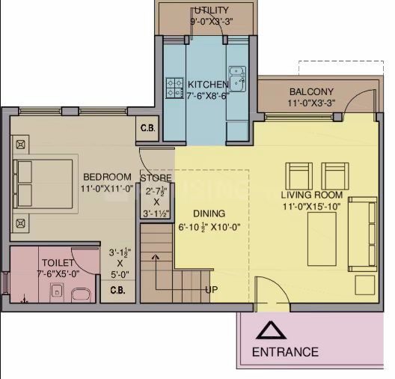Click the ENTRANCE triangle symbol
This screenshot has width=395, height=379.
(271, 330)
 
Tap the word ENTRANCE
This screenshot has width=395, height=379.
(285, 352)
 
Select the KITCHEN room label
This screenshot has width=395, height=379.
(208, 84)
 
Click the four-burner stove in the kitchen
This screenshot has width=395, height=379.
(174, 88)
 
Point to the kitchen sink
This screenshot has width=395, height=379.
(237, 79)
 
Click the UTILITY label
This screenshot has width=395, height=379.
(212, 10)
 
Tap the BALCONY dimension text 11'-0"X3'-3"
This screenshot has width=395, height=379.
(311, 103)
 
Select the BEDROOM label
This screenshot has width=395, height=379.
(107, 177)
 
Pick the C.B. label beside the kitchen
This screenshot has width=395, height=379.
(147, 128)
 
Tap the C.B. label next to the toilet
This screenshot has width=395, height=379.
(117, 290)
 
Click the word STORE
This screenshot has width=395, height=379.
(156, 178)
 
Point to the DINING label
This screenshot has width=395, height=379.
(209, 213)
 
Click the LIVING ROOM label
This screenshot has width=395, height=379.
(312, 195)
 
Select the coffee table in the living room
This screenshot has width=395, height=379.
(322, 239)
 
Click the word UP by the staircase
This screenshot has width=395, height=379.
(212, 290)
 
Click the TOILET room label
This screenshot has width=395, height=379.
(58, 263)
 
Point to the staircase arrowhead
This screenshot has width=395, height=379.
(156, 257)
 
